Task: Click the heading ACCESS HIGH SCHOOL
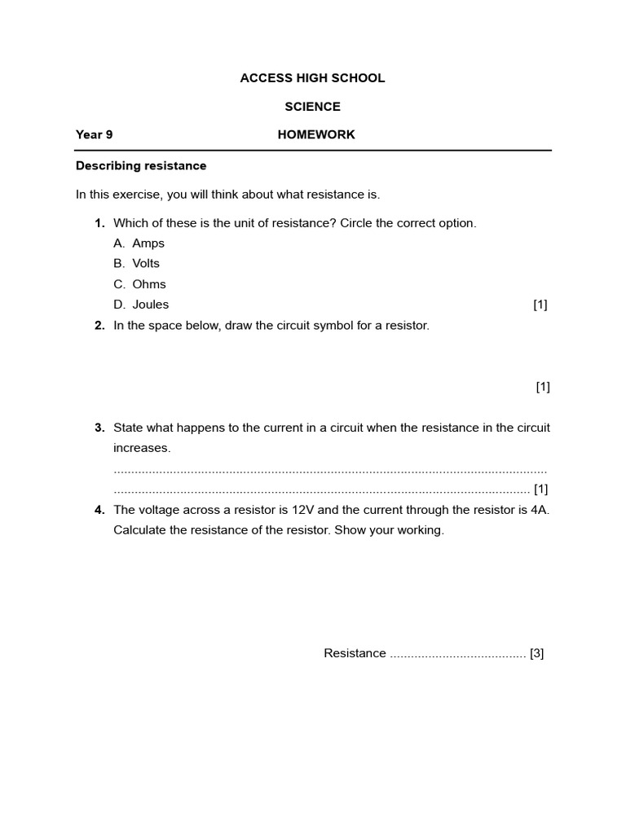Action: (312, 78)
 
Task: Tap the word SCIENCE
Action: (312, 107)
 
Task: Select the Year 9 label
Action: (94, 134)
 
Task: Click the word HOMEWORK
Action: (316, 134)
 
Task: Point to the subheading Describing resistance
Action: (141, 165)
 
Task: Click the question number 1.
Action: (99, 223)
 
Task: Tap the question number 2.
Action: (99, 325)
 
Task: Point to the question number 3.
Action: (99, 428)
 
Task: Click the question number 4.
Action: (99, 510)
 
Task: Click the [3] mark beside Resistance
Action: (536, 653)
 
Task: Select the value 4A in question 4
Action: (540, 510)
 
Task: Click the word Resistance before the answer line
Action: (355, 653)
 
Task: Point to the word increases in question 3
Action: (142, 448)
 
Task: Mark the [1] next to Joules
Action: (540, 305)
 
